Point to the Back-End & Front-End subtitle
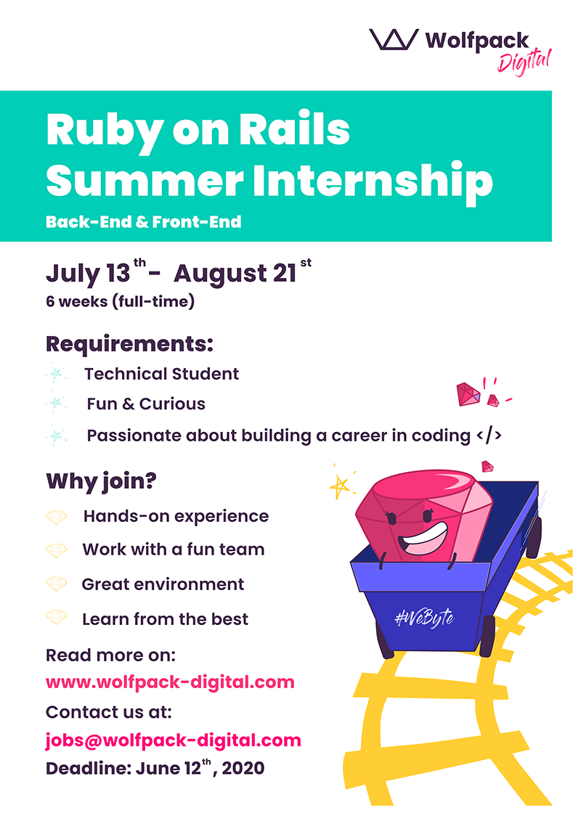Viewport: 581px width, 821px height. click(x=144, y=222)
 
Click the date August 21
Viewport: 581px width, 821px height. click(x=235, y=274)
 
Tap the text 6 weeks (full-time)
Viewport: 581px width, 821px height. click(x=120, y=301)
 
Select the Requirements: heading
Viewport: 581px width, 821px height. click(x=129, y=344)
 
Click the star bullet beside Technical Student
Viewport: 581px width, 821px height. click(x=56, y=374)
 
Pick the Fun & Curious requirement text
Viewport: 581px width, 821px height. click(x=146, y=404)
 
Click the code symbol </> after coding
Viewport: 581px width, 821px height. click(x=489, y=435)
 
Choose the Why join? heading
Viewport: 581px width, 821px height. click(x=101, y=481)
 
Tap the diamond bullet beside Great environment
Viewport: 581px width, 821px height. click(x=56, y=584)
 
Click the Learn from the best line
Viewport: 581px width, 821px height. click(x=165, y=619)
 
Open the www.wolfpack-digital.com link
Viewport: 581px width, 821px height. click(x=170, y=682)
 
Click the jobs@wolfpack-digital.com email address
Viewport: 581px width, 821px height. click(x=173, y=740)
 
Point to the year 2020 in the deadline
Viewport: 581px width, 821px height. click(x=243, y=769)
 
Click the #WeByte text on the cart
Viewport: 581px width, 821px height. click(x=424, y=618)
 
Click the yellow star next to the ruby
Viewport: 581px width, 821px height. click(x=340, y=486)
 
